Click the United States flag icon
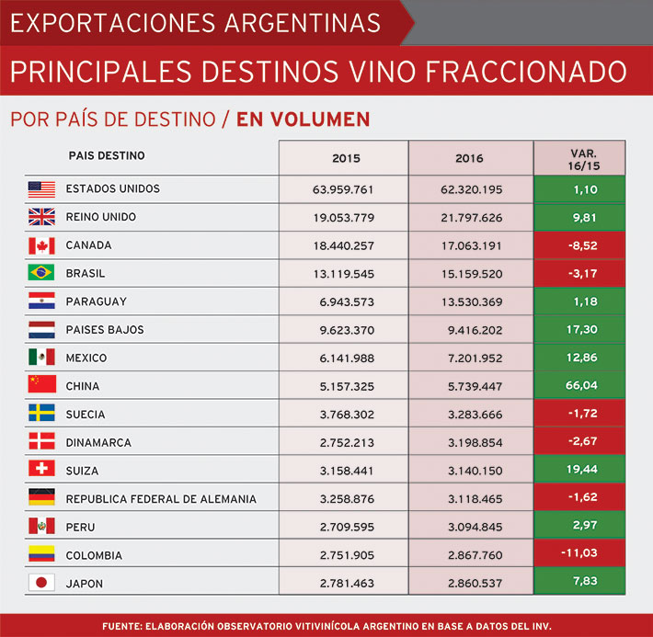(x=41, y=189)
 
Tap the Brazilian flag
(x=41, y=274)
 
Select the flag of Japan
(x=41, y=583)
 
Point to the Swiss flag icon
(x=41, y=471)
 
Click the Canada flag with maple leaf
(x=41, y=245)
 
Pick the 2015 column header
(x=346, y=158)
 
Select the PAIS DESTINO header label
(x=107, y=156)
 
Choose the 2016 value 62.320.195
(x=471, y=189)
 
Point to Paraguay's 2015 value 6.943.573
(x=344, y=301)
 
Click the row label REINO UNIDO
(x=101, y=217)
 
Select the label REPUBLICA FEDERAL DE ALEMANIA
(x=161, y=499)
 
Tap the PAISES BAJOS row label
(x=105, y=330)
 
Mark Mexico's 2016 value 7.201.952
(x=471, y=358)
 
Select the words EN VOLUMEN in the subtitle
(x=303, y=119)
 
